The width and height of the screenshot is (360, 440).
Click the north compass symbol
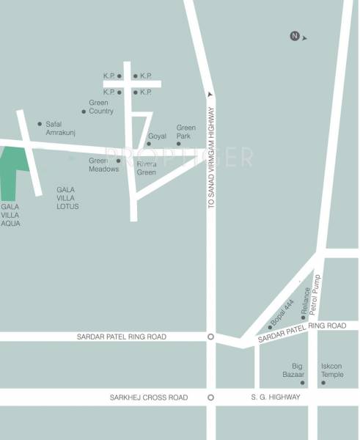[x=295, y=36]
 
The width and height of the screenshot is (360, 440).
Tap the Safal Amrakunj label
[x=61, y=128]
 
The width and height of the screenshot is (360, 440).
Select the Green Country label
[x=100, y=107]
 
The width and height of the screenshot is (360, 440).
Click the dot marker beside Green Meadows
[x=118, y=161]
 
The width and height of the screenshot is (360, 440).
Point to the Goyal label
[x=158, y=136]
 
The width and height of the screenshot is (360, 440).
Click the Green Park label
[x=186, y=131]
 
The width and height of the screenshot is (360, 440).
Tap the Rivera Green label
[x=147, y=168]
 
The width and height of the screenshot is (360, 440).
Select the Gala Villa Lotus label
[x=67, y=198]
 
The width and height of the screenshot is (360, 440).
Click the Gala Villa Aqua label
[x=11, y=215]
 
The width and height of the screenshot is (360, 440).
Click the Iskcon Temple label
[x=332, y=370]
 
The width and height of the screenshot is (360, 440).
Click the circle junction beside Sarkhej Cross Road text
[x=211, y=397]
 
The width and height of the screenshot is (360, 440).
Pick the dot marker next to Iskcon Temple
[x=323, y=382]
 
